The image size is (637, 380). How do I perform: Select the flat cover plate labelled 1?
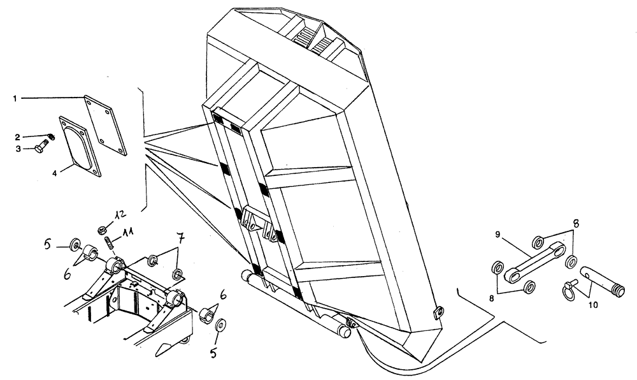105,124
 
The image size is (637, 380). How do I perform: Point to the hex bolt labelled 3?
42,149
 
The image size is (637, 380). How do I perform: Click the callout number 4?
54,173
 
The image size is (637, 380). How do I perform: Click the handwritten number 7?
180,240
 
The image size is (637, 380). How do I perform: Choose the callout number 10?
592,305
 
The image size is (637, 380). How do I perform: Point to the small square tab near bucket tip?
437,312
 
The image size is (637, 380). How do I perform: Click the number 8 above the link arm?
576,224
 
